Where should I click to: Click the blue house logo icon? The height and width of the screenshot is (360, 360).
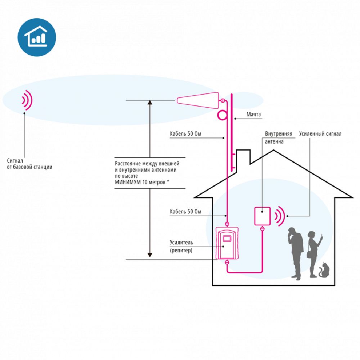(37, 37)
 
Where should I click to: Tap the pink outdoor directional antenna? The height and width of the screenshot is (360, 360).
(198, 100)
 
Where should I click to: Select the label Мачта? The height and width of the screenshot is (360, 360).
(253, 114)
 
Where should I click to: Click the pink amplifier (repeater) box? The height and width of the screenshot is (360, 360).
(227, 243)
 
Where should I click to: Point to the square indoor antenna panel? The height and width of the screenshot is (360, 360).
(262, 216)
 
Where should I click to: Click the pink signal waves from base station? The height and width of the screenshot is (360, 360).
(27, 100)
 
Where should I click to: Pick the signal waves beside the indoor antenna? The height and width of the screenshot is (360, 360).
(280, 216)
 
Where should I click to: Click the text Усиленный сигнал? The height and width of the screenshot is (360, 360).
(320, 134)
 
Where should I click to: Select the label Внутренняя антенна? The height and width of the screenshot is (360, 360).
(279, 138)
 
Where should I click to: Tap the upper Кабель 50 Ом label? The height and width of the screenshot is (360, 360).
(185, 134)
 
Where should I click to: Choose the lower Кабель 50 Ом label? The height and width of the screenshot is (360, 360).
(185, 211)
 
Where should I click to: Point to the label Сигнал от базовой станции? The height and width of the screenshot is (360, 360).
(30, 164)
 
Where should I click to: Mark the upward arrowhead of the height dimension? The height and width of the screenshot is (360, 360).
(150, 102)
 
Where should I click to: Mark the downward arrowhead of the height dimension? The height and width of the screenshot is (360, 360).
(150, 255)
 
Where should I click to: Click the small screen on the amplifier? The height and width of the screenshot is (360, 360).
(227, 238)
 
